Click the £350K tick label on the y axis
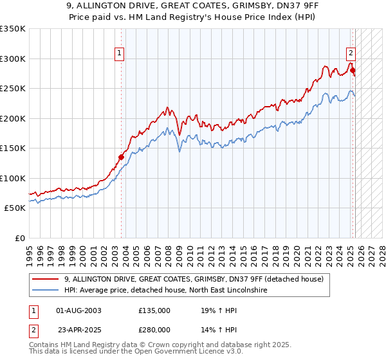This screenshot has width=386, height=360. point(13,29)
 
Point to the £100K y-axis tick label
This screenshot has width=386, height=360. point(13,178)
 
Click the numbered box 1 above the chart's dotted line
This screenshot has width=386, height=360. point(120,54)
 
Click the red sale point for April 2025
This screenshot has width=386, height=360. point(353,71)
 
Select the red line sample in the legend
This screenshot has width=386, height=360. point(46,279)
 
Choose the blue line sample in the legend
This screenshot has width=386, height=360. point(46,290)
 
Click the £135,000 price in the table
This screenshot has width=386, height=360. point(154,310)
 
